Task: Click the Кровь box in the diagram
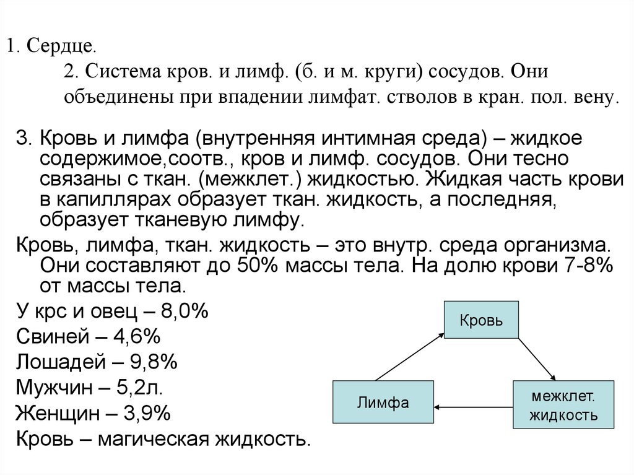point(480,320)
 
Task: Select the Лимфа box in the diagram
point(383,403)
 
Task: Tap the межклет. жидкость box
point(563,405)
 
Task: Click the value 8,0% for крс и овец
point(183,312)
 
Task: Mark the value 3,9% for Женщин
point(148,413)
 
